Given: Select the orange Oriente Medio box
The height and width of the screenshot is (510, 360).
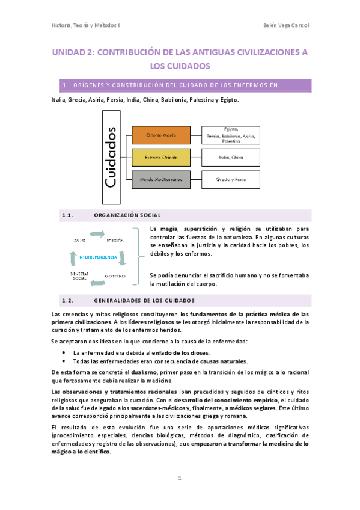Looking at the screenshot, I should (x=158, y=136).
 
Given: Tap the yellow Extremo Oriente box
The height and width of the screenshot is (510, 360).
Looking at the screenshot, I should (x=158, y=158).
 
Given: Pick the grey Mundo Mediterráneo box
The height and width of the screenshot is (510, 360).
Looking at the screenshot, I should (x=158, y=179).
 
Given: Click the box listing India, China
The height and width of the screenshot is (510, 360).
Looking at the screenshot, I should (x=230, y=158).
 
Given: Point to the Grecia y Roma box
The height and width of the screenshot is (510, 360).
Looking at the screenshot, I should (x=230, y=179).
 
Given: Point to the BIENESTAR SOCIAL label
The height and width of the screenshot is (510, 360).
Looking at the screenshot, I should (x=81, y=276).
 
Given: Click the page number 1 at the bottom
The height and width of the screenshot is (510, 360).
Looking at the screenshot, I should (x=179, y=479).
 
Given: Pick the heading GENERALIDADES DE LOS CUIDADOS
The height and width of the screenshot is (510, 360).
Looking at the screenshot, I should (x=144, y=300).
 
